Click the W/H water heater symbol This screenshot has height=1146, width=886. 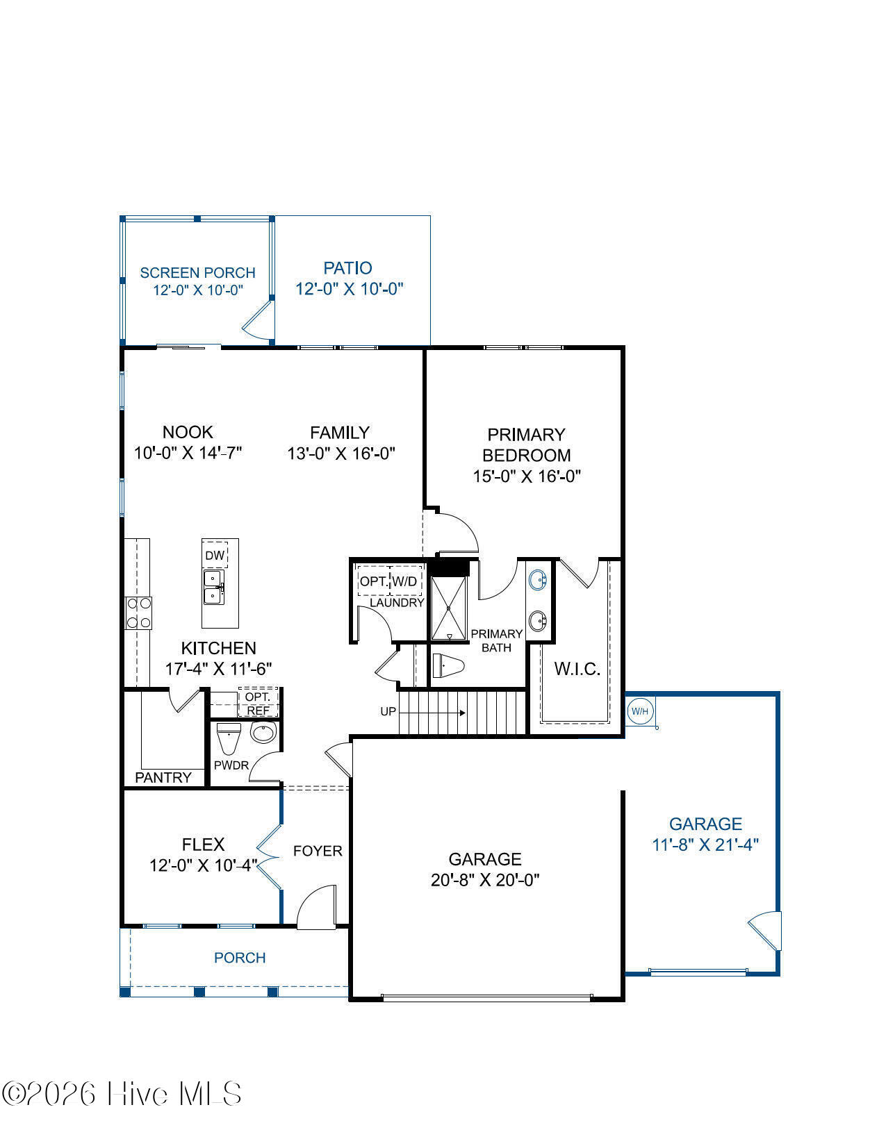click(x=639, y=711)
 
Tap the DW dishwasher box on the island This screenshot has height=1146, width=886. click(x=215, y=555)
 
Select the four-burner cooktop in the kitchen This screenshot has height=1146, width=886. click(x=138, y=613)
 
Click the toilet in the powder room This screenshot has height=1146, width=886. click(x=229, y=738)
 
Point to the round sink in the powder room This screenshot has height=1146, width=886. click(x=263, y=733)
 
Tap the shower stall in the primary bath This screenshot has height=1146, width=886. click(x=448, y=608)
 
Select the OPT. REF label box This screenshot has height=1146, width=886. click(x=258, y=703)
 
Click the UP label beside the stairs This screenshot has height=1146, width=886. click(x=388, y=711)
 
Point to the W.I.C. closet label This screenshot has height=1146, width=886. click(x=577, y=670)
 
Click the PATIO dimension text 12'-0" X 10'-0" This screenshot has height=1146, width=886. click(x=349, y=289)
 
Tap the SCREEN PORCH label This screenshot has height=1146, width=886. click(x=197, y=273)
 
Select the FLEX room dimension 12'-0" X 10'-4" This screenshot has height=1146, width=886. click(x=203, y=865)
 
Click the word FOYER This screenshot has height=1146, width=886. click(x=318, y=851)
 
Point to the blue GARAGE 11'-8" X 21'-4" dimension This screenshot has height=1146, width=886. click(x=705, y=845)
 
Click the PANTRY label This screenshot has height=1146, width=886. click(x=163, y=777)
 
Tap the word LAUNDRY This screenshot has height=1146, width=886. click(x=397, y=603)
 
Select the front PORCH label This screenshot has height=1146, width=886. click(x=240, y=958)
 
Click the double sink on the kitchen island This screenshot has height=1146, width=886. click(x=214, y=587)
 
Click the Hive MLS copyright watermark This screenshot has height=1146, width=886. click(x=122, y=1094)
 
